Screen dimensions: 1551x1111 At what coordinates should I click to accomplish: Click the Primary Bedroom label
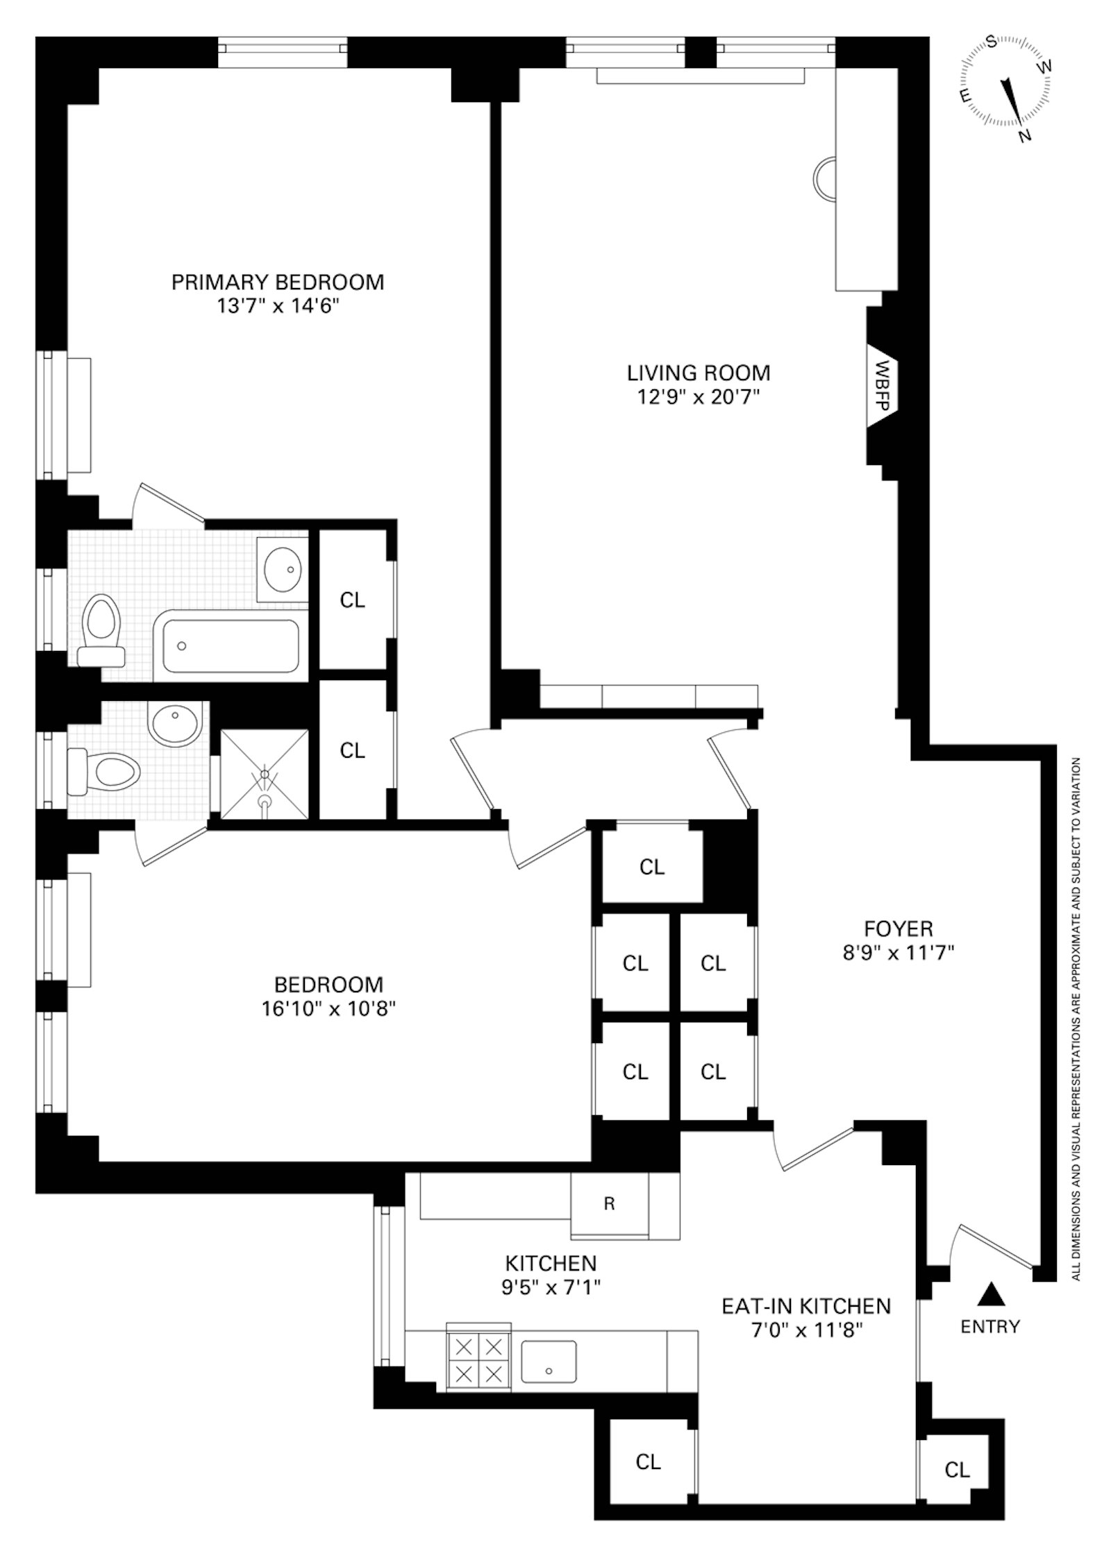pos(277,282)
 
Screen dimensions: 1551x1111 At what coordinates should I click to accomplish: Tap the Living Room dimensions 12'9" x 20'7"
pos(698,397)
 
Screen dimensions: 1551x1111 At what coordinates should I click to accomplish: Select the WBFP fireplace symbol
pos(883,386)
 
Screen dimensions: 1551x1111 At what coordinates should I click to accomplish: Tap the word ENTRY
pos(990,1326)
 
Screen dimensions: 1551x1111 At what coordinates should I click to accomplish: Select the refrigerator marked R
pos(609,1203)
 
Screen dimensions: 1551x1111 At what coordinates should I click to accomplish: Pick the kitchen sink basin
pos(549,1363)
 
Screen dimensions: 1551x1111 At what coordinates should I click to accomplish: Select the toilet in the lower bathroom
pos(104,770)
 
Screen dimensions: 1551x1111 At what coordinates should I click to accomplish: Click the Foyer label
pos(898,928)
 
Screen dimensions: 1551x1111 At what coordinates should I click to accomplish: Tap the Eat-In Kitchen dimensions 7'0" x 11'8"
pos(806,1330)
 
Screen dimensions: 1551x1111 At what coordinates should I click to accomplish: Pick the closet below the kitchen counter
pos(648,1462)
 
